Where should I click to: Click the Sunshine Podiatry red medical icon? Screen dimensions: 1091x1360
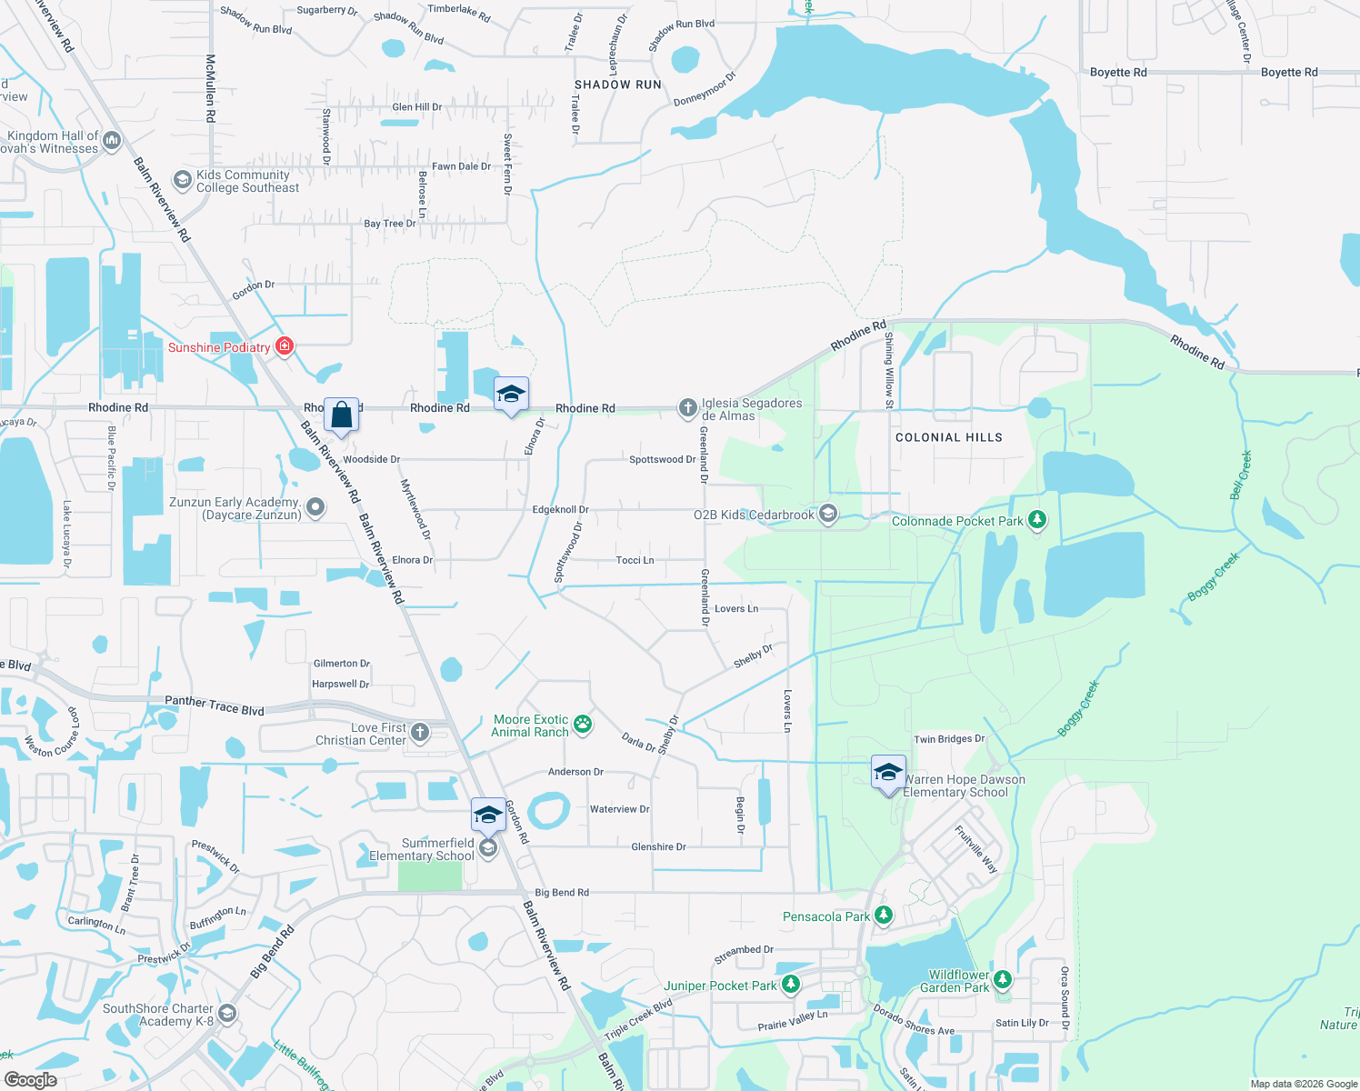tap(285, 345)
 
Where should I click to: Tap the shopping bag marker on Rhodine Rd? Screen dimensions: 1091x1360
tap(341, 415)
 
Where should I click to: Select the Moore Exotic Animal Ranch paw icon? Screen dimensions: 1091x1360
tap(583, 725)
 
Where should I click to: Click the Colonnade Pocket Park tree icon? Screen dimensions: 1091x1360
tap(1036, 520)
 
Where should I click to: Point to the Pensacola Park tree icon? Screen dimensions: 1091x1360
tap(883, 916)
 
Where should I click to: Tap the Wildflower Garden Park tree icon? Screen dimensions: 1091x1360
tap(1002, 979)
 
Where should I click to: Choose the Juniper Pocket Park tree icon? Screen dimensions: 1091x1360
tap(790, 985)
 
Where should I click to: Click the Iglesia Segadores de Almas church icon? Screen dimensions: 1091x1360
tap(688, 407)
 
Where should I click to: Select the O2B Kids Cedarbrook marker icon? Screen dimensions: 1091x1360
tap(827, 515)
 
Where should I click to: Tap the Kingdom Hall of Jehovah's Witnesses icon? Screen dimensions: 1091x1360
tap(112, 140)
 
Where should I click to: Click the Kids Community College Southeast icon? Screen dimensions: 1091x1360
tap(183, 181)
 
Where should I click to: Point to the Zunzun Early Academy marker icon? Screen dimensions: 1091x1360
tap(315, 507)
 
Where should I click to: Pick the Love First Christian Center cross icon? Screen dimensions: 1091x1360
tap(419, 732)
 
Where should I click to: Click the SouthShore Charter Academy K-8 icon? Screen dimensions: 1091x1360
tap(227, 1013)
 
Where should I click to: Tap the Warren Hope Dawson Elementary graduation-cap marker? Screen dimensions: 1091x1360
tap(888, 774)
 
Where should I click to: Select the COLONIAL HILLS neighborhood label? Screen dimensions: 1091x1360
tap(948, 437)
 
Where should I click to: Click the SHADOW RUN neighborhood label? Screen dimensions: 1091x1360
tap(618, 85)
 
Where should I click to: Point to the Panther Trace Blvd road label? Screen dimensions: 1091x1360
tap(215, 706)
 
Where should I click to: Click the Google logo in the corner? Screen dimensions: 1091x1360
tap(30, 1079)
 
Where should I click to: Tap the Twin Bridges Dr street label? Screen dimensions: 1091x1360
tap(949, 739)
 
